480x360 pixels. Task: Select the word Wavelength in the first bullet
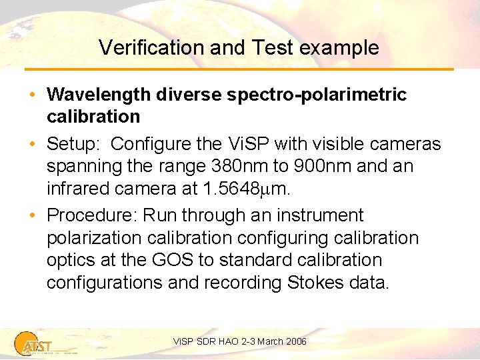click(99, 95)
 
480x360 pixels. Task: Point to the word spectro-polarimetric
click(316, 95)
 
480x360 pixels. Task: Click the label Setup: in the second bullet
click(74, 144)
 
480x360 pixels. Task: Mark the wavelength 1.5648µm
click(245, 189)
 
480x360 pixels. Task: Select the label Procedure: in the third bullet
click(87, 215)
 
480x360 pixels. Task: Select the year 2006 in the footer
click(295, 341)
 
